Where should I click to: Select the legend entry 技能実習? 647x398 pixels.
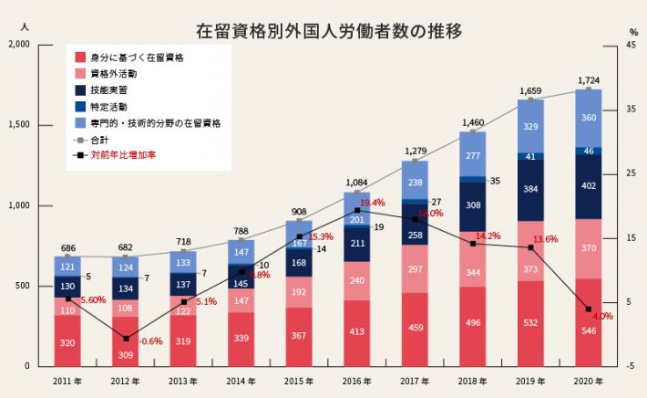tap(108, 89)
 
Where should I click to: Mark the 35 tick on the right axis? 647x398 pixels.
tap(632, 110)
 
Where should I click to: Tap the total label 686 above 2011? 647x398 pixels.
tap(67, 248)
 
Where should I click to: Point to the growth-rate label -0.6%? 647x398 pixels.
tap(151, 340)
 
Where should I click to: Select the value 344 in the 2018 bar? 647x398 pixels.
tap(473, 272)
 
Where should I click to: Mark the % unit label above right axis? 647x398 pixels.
tap(632, 31)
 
